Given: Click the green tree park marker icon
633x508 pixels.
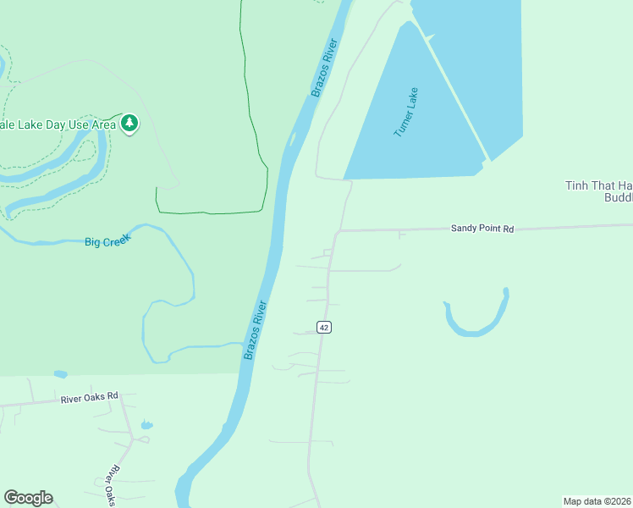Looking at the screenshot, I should click(129, 124).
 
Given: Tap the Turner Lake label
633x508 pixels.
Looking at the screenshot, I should click(406, 117).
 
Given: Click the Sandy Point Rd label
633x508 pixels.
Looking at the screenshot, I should click(482, 229).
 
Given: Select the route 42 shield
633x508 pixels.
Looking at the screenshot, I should click(323, 328).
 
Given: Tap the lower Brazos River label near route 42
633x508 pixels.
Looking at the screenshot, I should click(255, 330).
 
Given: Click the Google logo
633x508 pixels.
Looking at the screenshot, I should click(28, 498).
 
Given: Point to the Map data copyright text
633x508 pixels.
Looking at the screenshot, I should click(597, 501).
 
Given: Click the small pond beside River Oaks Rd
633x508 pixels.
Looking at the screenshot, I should click(147, 424).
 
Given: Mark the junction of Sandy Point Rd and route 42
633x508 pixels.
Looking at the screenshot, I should click(338, 231).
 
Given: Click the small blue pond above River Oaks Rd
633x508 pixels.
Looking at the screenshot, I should click(59, 373).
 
